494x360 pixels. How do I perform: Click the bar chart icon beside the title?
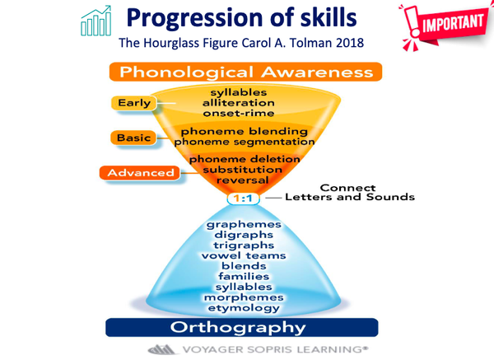pyautogui.click(x=96, y=21)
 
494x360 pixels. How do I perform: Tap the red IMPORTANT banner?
pyautogui.click(x=445, y=26)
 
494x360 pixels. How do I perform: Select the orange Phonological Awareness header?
pyautogui.click(x=245, y=72)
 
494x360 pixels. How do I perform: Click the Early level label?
pyautogui.click(x=134, y=103)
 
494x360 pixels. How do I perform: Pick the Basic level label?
pyautogui.click(x=133, y=138)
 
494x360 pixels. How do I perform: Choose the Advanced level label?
pyautogui.click(x=140, y=173)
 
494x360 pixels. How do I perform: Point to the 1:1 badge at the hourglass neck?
pyautogui.click(x=243, y=199)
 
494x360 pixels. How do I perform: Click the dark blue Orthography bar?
pyautogui.click(x=241, y=327)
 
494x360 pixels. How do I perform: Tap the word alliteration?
pyautogui.click(x=239, y=103)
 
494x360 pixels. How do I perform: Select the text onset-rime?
pyautogui.click(x=239, y=113)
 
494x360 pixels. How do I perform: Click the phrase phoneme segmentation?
pyautogui.click(x=245, y=142)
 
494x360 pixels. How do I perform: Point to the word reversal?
pyautogui.click(x=243, y=180)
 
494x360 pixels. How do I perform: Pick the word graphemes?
pyautogui.click(x=244, y=224)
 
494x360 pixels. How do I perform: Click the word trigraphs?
pyautogui.click(x=244, y=245)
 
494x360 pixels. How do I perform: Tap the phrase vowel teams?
pyautogui.click(x=244, y=255)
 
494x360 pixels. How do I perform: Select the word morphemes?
pyautogui.click(x=244, y=297)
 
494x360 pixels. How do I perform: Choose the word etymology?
pyautogui.click(x=244, y=308)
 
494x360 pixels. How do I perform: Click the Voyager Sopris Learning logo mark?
pyautogui.click(x=161, y=349)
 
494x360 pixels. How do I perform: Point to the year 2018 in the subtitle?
pyautogui.click(x=350, y=43)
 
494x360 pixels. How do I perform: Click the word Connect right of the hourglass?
pyautogui.click(x=347, y=188)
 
